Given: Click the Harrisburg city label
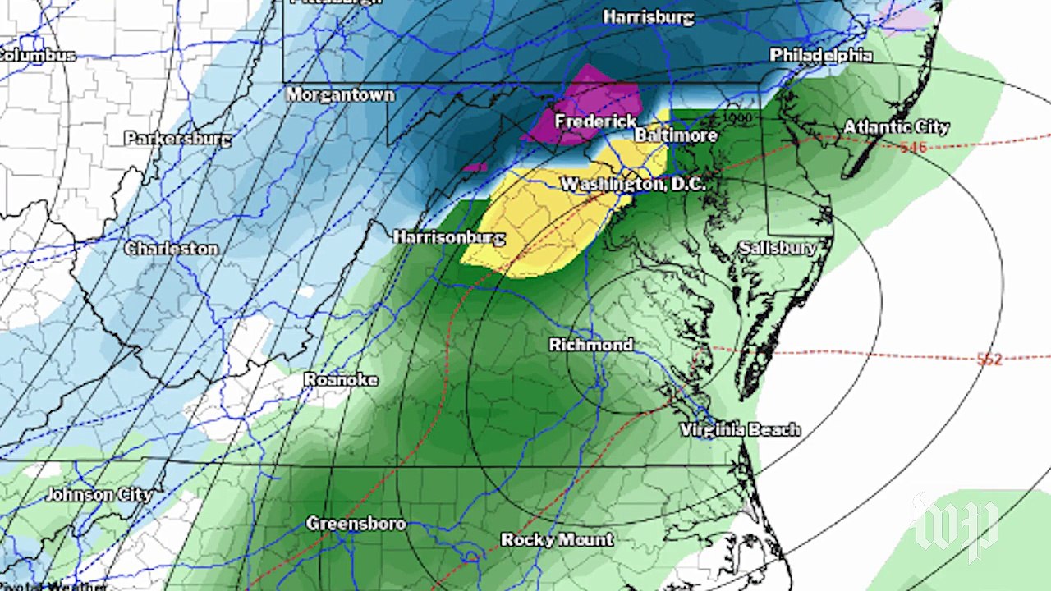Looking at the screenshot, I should (649, 17).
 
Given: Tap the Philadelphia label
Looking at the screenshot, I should (820, 55).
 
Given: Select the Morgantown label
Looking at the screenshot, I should (340, 95).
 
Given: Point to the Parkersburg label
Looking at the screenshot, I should (177, 139).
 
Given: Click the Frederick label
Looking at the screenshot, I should (594, 121).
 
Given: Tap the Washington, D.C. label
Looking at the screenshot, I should (632, 185).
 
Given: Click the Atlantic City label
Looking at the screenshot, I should (897, 127).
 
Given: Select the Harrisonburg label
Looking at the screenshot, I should (448, 237).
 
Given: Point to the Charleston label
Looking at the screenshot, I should (172, 249).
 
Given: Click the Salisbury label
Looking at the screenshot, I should (778, 248).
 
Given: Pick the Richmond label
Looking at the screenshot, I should (590, 345).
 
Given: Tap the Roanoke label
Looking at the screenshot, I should (341, 379).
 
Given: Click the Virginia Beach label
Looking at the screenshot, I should (739, 430).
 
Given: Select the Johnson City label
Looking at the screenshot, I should (99, 495).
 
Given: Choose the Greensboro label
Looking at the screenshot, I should (356, 524).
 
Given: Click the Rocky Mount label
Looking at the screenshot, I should (557, 540).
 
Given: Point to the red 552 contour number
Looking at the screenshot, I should (989, 360).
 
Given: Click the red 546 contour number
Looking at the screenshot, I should (913, 148).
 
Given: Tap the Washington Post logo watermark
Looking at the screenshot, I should (957, 525).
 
